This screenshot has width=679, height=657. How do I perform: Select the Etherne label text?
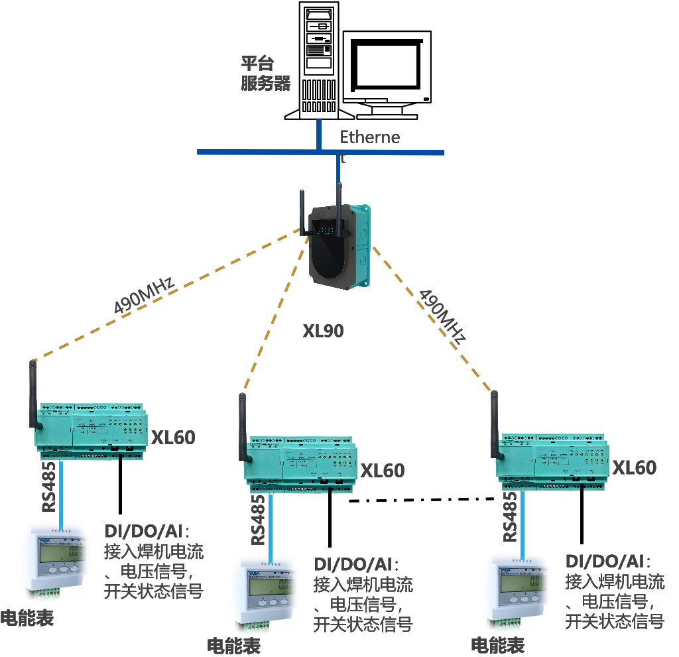370,137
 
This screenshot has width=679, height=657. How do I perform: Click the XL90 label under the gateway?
324,330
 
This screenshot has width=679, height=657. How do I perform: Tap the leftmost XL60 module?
92,430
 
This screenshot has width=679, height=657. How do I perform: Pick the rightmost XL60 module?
554,461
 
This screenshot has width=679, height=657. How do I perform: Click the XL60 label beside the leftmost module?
173,438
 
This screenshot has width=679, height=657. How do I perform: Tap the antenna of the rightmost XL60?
495,425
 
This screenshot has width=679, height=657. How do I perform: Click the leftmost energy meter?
56,561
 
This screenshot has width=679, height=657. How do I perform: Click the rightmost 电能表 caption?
497,644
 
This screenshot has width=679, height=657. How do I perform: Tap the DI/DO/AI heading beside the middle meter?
357,564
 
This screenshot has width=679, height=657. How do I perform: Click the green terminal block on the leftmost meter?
42,594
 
